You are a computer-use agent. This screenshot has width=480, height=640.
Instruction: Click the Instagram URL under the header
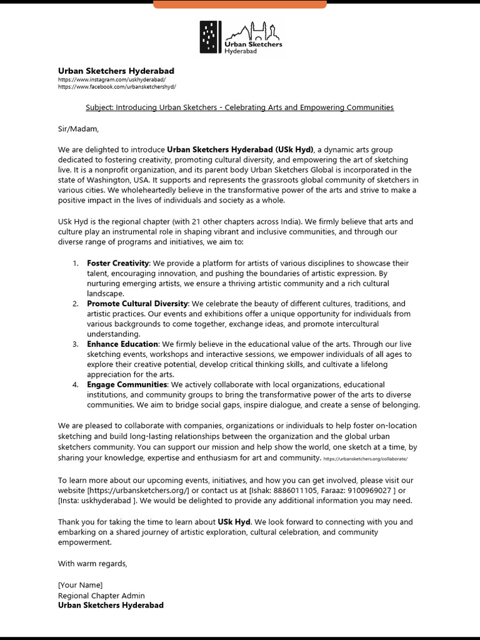point(112,80)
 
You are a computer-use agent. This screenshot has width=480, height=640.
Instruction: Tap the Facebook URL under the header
point(117,87)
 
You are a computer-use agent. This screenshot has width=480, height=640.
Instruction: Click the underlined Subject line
point(239,107)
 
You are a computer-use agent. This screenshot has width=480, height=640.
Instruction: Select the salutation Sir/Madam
point(78,129)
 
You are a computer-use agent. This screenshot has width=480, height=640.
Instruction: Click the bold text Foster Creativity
point(117,263)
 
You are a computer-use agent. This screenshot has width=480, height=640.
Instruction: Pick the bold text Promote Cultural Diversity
point(137,304)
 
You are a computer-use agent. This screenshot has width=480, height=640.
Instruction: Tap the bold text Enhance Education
point(122,344)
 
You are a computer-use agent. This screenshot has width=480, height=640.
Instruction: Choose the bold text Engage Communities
point(127,384)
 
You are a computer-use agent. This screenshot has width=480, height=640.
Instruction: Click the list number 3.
point(75,344)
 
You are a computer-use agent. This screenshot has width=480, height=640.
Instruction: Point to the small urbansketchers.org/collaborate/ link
point(366,459)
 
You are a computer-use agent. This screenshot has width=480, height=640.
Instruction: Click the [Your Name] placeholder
point(81,584)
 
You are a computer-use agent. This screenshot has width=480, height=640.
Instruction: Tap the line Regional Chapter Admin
point(101,595)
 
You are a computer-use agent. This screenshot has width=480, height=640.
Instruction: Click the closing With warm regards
point(92,564)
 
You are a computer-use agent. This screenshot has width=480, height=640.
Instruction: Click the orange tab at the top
point(239,4)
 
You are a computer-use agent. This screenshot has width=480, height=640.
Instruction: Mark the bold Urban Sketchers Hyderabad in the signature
point(111,605)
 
